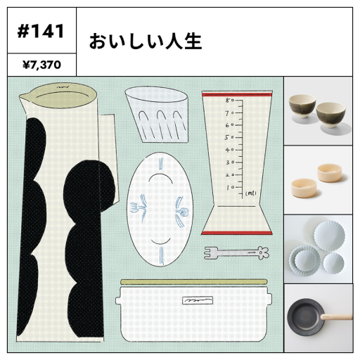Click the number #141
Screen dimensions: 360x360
pyautogui.click(x=41, y=31)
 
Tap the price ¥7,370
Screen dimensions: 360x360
pyautogui.click(x=41, y=65)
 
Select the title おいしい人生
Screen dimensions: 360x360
pyautogui.click(x=146, y=41)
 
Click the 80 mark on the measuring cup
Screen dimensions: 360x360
pyautogui.click(x=230, y=101)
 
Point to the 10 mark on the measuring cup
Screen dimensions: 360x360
pyautogui.click(x=231, y=188)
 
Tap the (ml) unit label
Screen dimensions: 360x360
pyautogui.click(x=250, y=193)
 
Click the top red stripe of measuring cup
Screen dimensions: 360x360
pyautogui.click(x=237, y=95)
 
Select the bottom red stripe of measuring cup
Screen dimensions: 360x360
pyautogui.click(x=237, y=233)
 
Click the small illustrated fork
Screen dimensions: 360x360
pyautogui.click(x=236, y=253)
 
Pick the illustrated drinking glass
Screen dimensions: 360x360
pyautogui.click(x=157, y=115)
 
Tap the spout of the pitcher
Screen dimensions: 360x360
pyautogui.click(x=23, y=97)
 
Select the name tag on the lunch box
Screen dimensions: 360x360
pyautogui.click(x=198, y=300)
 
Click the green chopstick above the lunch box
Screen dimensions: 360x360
pyautogui.click(x=194, y=282)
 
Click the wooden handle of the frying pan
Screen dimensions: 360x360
pyautogui.click(x=337, y=317)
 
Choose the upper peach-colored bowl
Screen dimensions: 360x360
pyautogui.click(x=329, y=172)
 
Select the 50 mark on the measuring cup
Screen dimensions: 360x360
pyautogui.click(x=229, y=137)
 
